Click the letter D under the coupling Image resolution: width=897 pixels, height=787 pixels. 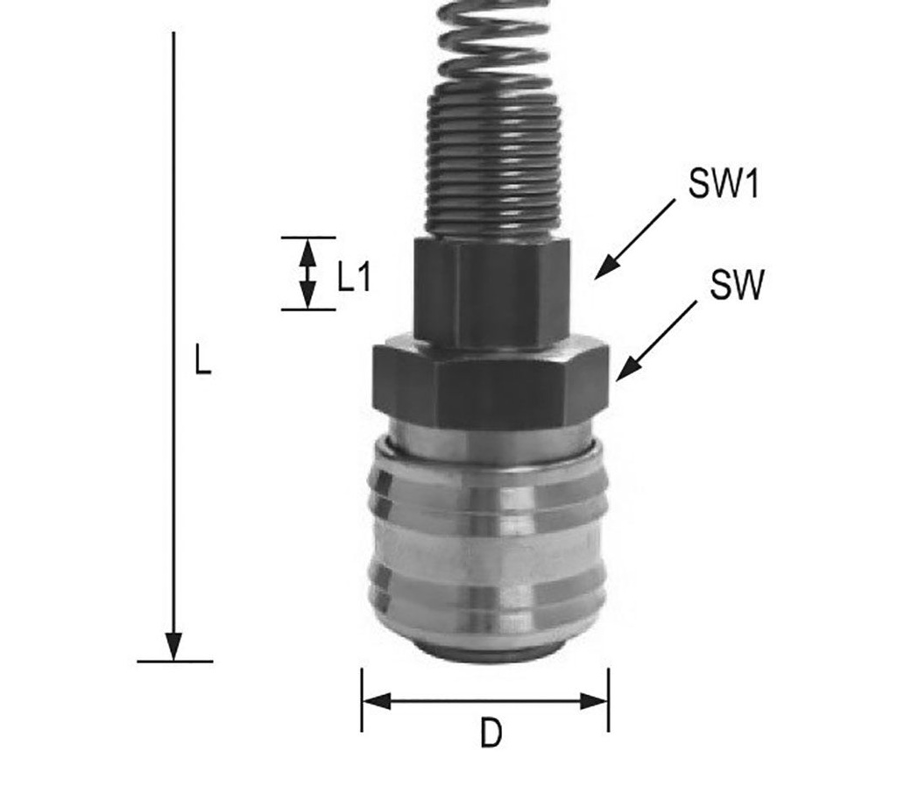click(491, 734)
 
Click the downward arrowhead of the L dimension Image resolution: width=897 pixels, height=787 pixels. click(175, 645)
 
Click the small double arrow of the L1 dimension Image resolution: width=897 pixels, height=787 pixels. click(307, 273)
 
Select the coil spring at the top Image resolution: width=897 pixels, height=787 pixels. click(495, 44)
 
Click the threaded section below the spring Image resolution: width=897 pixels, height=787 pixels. click(493, 167)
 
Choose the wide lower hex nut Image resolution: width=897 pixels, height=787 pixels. click(491, 386)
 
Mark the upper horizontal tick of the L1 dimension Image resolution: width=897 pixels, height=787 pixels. click(307, 238)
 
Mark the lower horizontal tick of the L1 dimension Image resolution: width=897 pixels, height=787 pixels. click(307, 309)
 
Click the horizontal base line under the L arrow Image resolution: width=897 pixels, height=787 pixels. click(175, 661)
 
